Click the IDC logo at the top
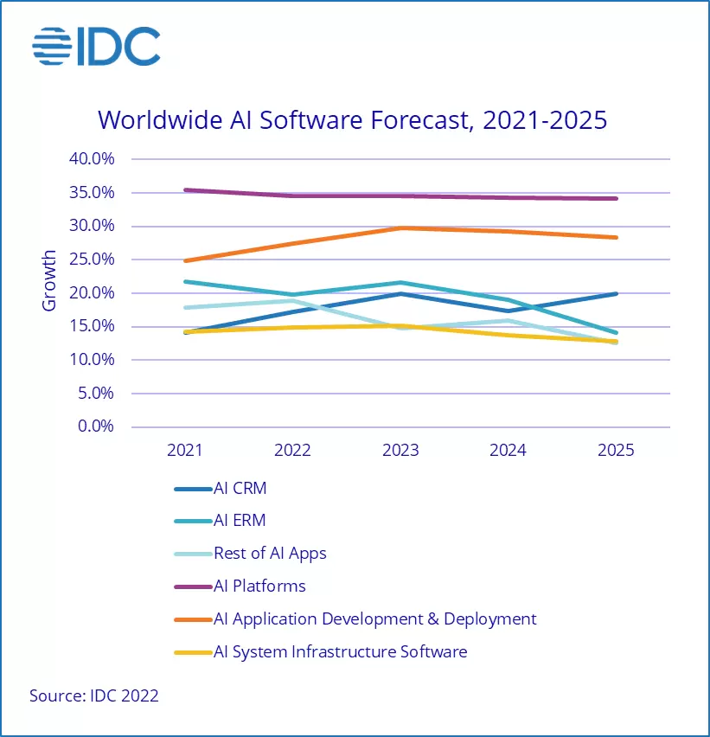[96, 48]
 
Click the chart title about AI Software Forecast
[352, 120]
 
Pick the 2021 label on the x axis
[184, 451]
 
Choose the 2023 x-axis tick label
[400, 451]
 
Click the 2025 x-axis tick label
[616, 451]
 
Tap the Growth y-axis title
[49, 280]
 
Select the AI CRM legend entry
[240, 488]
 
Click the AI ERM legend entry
[240, 521]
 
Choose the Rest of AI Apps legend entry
[270, 554]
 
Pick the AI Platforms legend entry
[259, 586]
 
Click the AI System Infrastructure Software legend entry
[340, 652]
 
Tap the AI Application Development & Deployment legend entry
[374, 619]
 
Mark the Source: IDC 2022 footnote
[94, 695]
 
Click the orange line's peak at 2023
[400, 228]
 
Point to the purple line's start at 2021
[185, 189]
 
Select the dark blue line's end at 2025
[616, 293]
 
